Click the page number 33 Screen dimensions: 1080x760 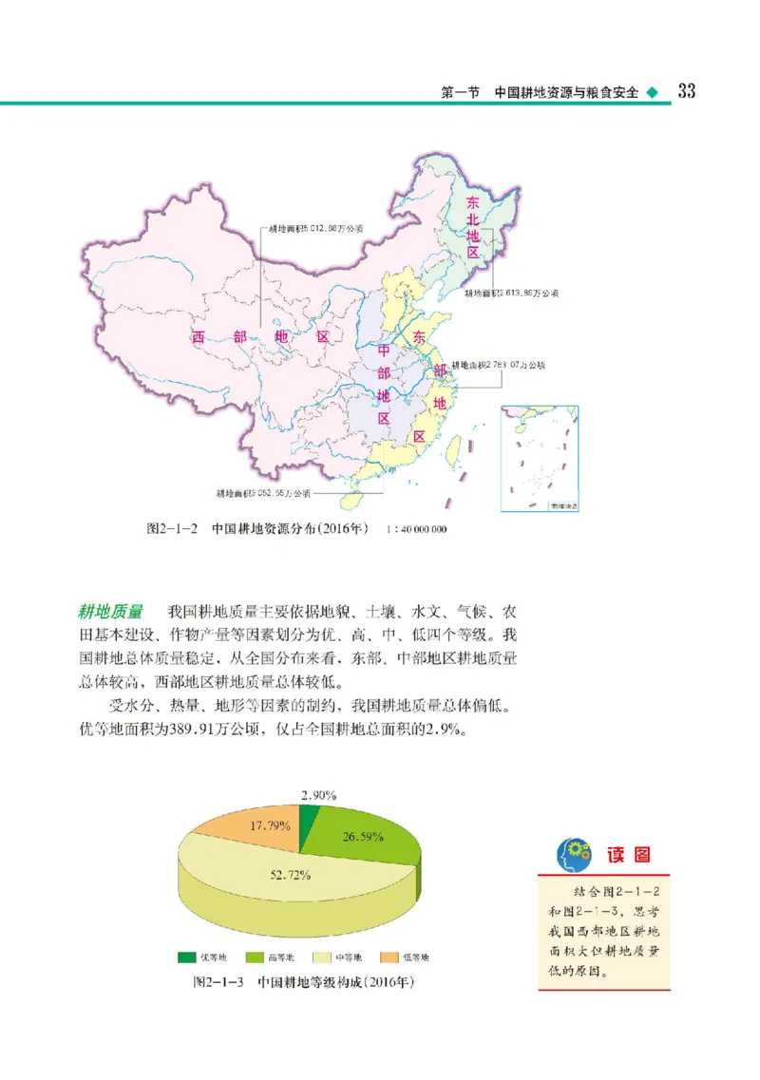[687, 91]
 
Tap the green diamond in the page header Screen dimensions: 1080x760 [652, 93]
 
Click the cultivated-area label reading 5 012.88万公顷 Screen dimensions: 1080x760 [313, 228]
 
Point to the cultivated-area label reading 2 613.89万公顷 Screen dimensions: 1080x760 [511, 294]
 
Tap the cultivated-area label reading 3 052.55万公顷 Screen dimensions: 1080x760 [263, 493]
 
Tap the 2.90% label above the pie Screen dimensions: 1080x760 [318, 794]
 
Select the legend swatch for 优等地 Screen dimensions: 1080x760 [185, 957]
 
